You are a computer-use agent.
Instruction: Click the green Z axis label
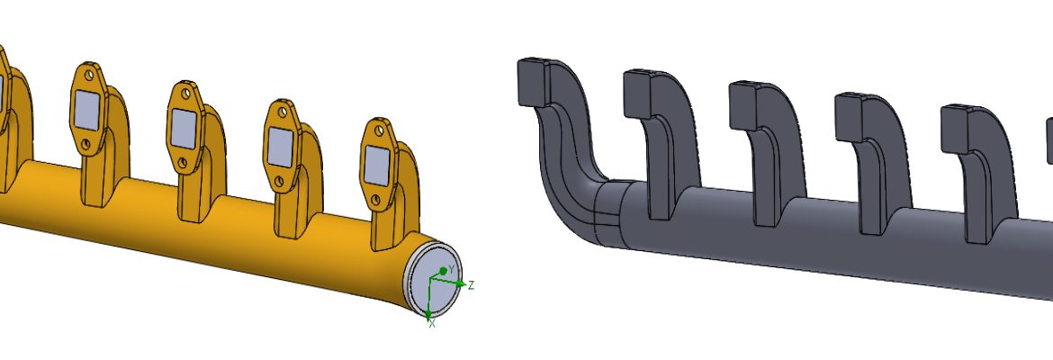[471, 285]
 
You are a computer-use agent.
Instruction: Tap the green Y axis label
[452, 269]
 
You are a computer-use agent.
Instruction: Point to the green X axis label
[432, 322]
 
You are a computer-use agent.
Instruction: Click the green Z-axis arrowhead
[462, 284]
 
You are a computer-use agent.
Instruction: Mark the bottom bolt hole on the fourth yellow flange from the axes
[86, 143]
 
